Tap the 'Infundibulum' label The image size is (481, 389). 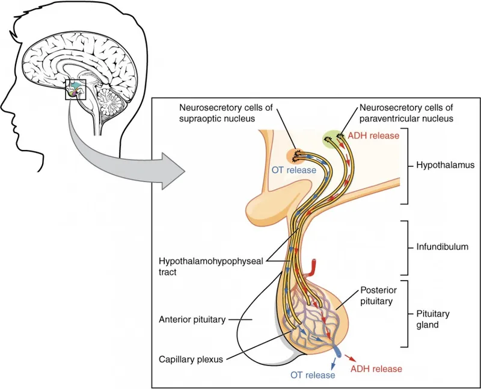442,246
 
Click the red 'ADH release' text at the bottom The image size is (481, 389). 376,368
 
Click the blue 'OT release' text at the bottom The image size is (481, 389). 313,375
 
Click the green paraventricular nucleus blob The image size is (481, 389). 335,138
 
